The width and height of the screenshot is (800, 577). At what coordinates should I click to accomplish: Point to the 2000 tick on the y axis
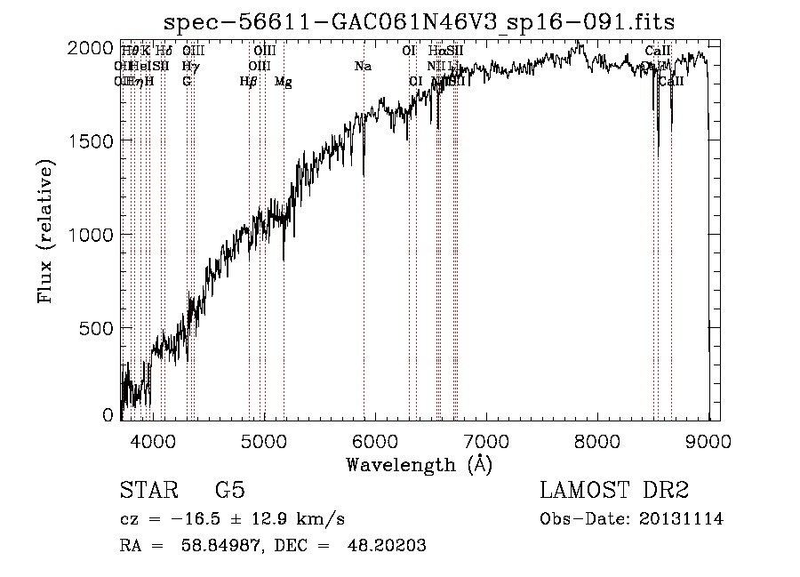(91, 48)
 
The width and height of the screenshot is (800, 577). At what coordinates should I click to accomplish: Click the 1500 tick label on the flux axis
(91, 141)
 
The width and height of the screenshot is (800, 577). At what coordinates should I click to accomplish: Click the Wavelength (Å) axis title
(419, 464)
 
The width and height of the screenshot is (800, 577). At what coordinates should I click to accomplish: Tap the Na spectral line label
(362, 67)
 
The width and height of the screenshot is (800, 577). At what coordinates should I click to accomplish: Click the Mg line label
(283, 82)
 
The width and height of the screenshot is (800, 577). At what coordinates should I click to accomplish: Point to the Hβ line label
(248, 82)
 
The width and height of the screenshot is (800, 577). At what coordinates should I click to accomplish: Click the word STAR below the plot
(148, 491)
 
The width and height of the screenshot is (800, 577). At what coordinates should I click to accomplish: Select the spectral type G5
(229, 491)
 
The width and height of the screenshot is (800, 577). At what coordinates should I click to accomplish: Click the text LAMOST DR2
(613, 491)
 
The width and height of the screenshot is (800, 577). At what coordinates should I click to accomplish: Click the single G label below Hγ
(187, 81)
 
